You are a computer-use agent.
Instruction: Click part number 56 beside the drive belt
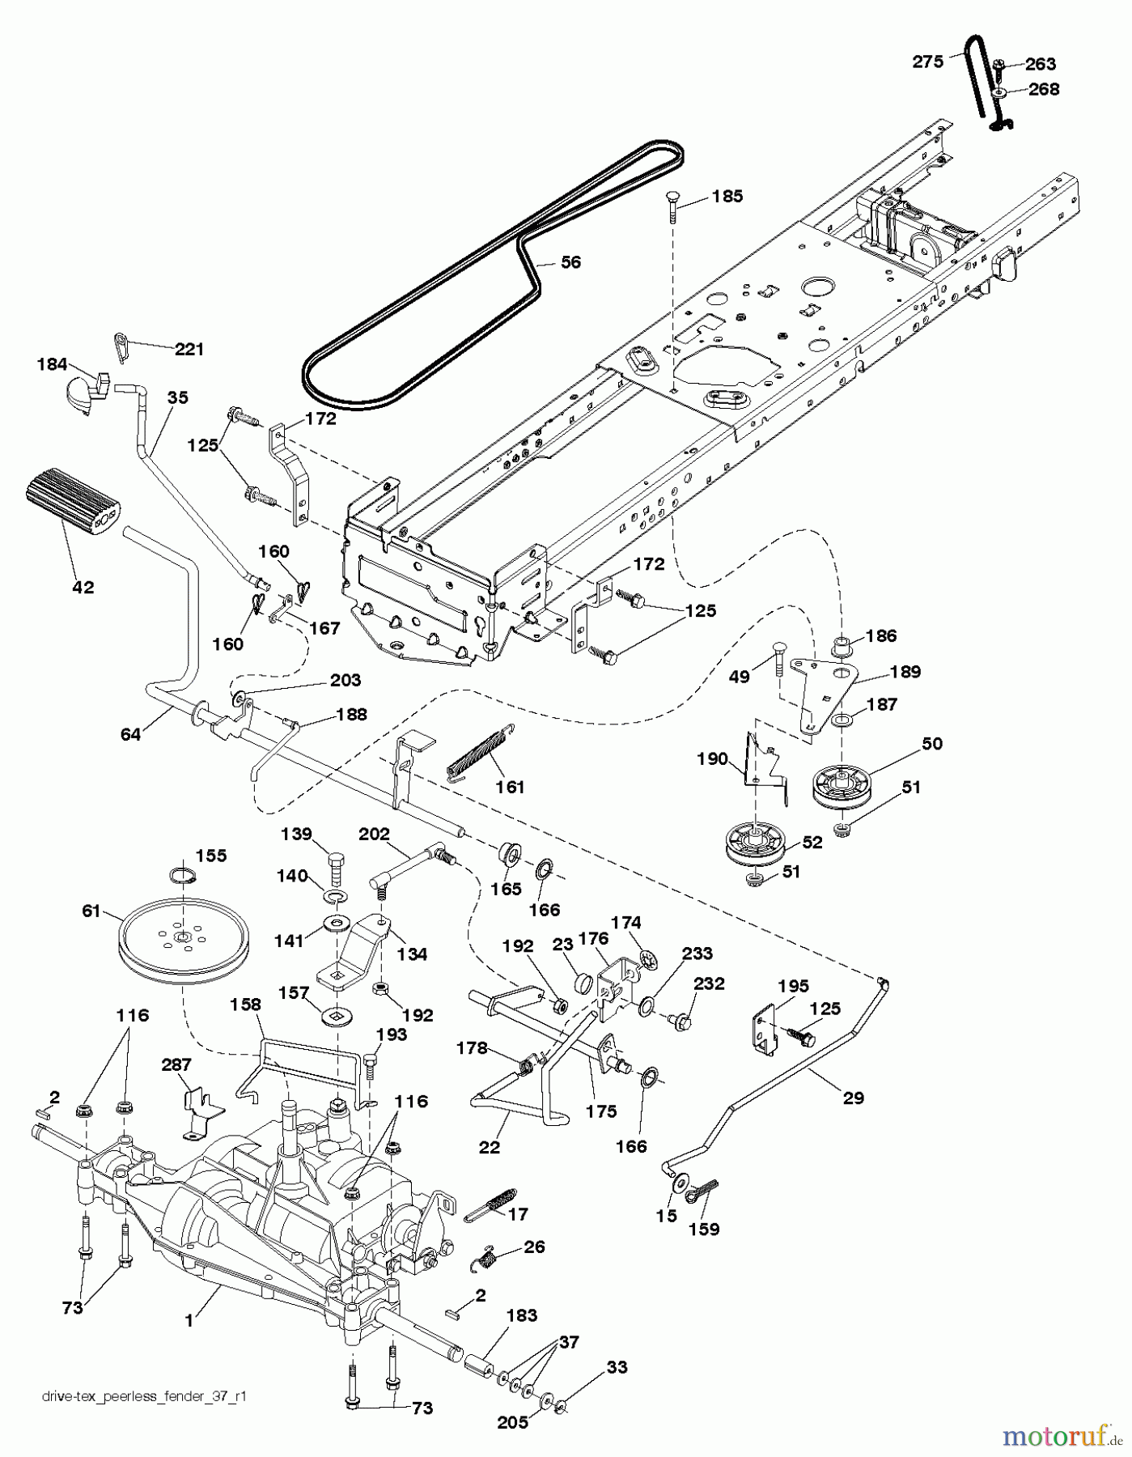click(x=570, y=262)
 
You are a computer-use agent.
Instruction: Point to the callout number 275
click(x=928, y=61)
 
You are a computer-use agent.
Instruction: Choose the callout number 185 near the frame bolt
click(x=727, y=196)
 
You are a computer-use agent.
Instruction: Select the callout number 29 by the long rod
click(x=853, y=1098)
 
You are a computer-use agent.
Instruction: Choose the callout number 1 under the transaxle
click(x=189, y=1320)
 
